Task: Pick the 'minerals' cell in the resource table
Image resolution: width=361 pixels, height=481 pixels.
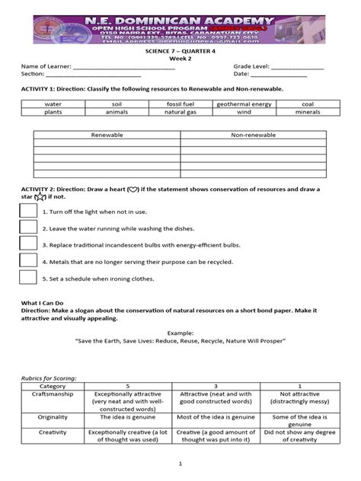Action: click(307, 112)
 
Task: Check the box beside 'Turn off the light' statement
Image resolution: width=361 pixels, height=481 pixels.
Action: click(28, 211)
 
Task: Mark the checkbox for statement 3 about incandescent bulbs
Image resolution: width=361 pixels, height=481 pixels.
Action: click(28, 244)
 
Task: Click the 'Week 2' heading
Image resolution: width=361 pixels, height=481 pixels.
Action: click(180, 58)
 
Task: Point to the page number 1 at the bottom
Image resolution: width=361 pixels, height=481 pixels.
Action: click(180, 463)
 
